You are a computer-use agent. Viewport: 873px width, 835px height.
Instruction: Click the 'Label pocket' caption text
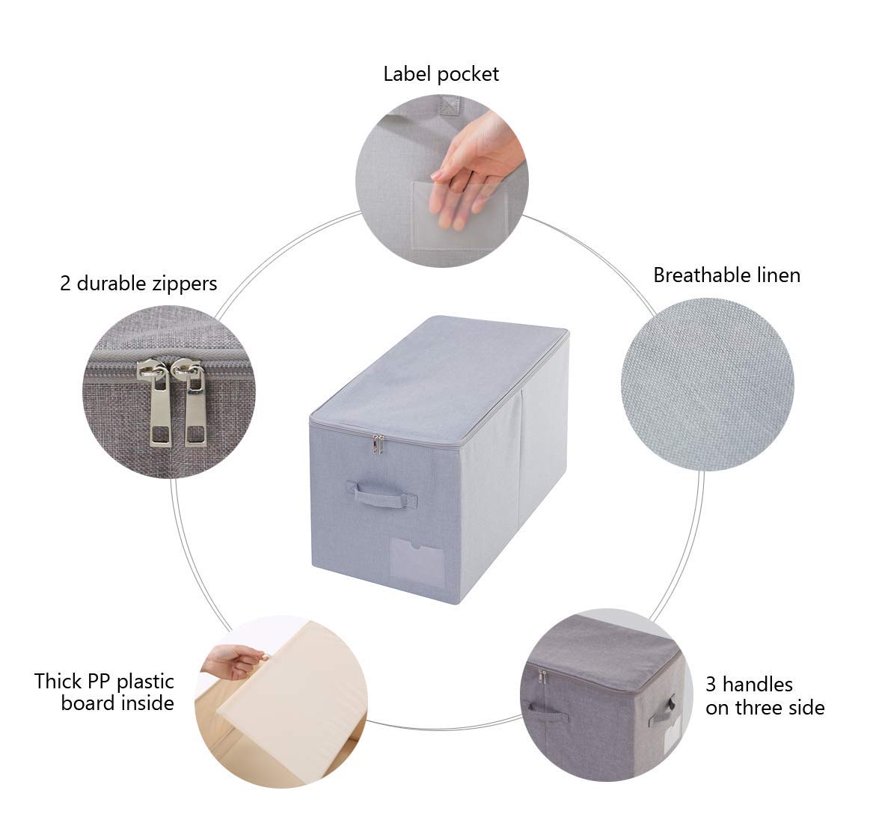441,74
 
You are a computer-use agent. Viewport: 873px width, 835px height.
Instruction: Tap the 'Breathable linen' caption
726,275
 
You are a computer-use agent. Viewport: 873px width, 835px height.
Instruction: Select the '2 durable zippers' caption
138,284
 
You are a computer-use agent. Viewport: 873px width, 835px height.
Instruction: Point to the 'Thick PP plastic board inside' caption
104,692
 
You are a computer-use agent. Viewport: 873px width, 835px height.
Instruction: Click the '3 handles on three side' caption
765,696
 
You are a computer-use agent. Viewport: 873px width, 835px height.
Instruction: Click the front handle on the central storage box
382,493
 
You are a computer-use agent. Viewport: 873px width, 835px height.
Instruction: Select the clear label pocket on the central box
417,563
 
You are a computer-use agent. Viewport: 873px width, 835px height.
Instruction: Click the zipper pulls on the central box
378,444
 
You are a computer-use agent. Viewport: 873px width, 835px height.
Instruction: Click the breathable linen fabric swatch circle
707,384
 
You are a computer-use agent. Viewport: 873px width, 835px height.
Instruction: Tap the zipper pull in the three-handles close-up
542,677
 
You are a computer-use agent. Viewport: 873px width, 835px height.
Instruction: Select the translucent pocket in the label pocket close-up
460,215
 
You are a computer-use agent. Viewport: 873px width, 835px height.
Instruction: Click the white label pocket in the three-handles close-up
673,735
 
